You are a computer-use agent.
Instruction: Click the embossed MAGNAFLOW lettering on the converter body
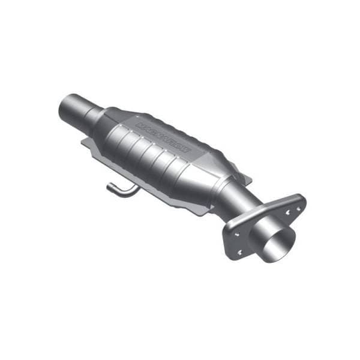[163, 136]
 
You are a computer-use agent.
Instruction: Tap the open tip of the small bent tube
[110, 187]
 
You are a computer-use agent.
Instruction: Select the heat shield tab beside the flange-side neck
[245, 178]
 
